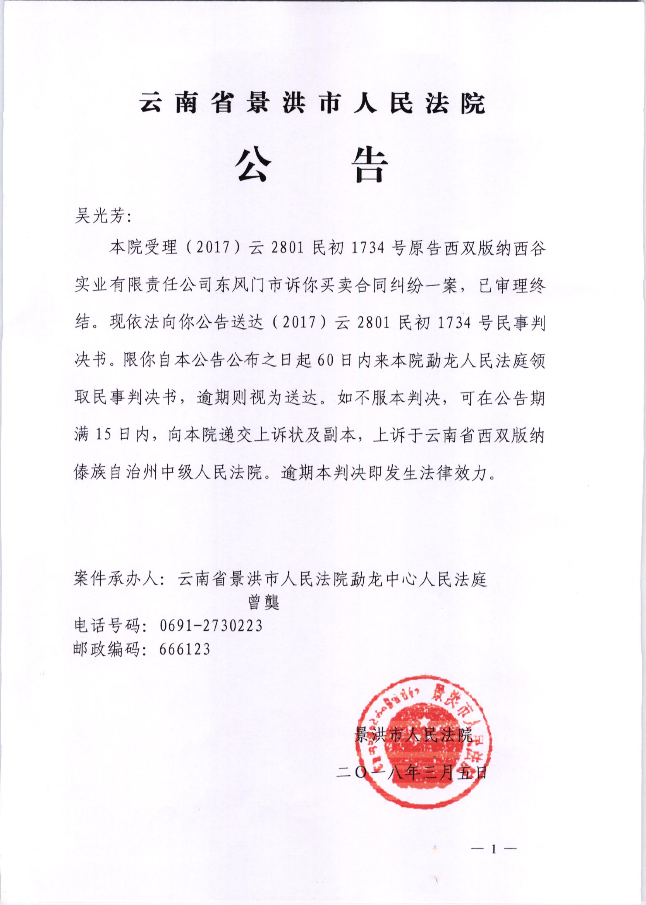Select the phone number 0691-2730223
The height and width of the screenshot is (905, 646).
point(211,626)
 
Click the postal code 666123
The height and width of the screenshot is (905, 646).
point(184,649)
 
